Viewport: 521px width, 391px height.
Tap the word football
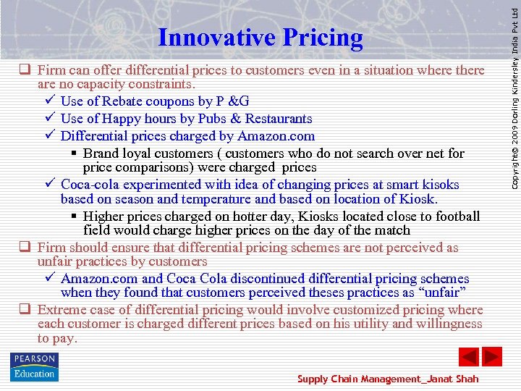(455, 216)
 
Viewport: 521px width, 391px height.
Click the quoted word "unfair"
(440, 293)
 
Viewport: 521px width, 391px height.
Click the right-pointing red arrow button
(492, 357)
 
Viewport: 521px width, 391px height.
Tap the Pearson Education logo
(34, 366)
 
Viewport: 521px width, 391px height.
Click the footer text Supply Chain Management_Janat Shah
(388, 379)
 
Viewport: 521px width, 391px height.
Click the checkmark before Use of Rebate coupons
(50, 101)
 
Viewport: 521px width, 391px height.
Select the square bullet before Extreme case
(24, 310)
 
